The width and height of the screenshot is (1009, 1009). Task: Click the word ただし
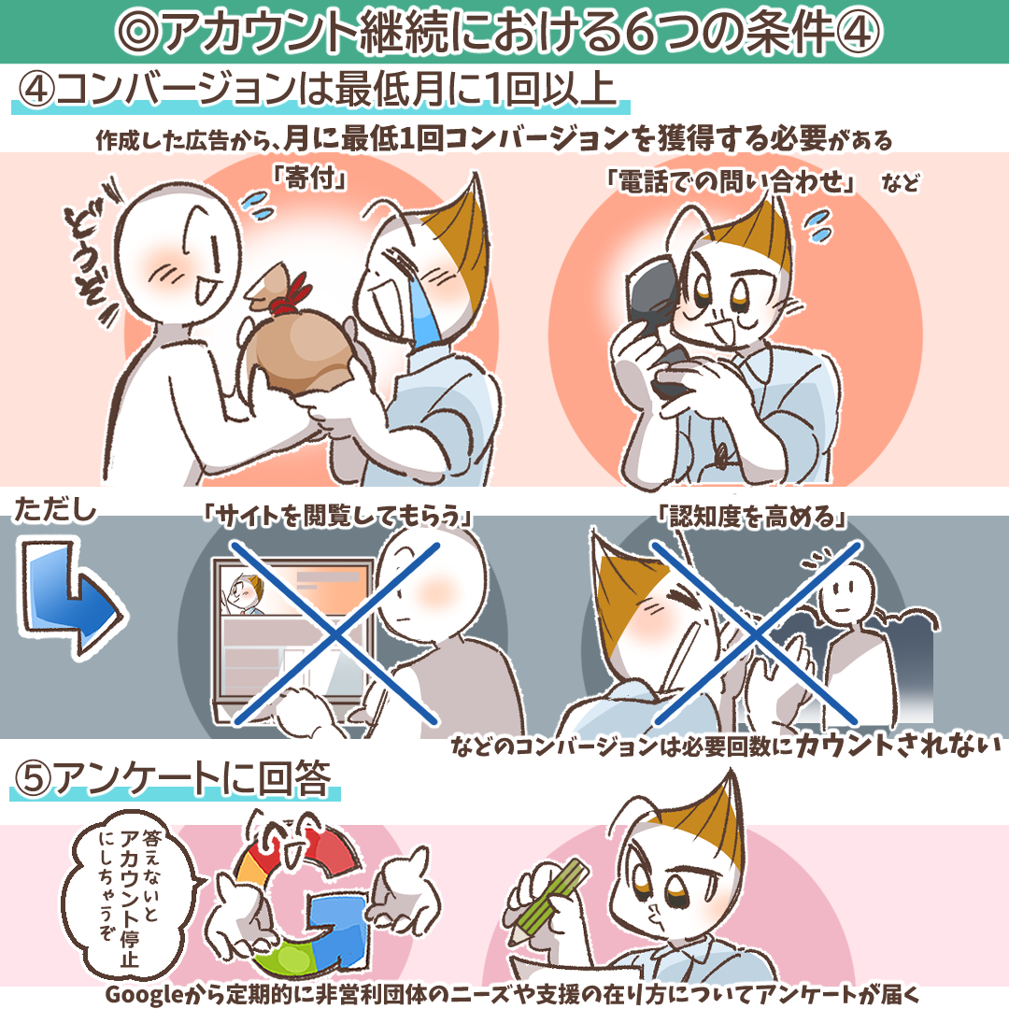coord(55,510)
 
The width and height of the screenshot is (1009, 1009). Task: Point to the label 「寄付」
coord(309,178)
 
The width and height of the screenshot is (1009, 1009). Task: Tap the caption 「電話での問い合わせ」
coord(731,182)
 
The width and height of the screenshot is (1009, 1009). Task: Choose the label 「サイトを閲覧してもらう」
coord(336,516)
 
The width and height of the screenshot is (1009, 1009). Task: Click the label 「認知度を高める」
coord(752,516)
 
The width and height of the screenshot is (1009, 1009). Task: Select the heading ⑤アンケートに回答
coord(174,778)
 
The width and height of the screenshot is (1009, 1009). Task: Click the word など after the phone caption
coord(901,183)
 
